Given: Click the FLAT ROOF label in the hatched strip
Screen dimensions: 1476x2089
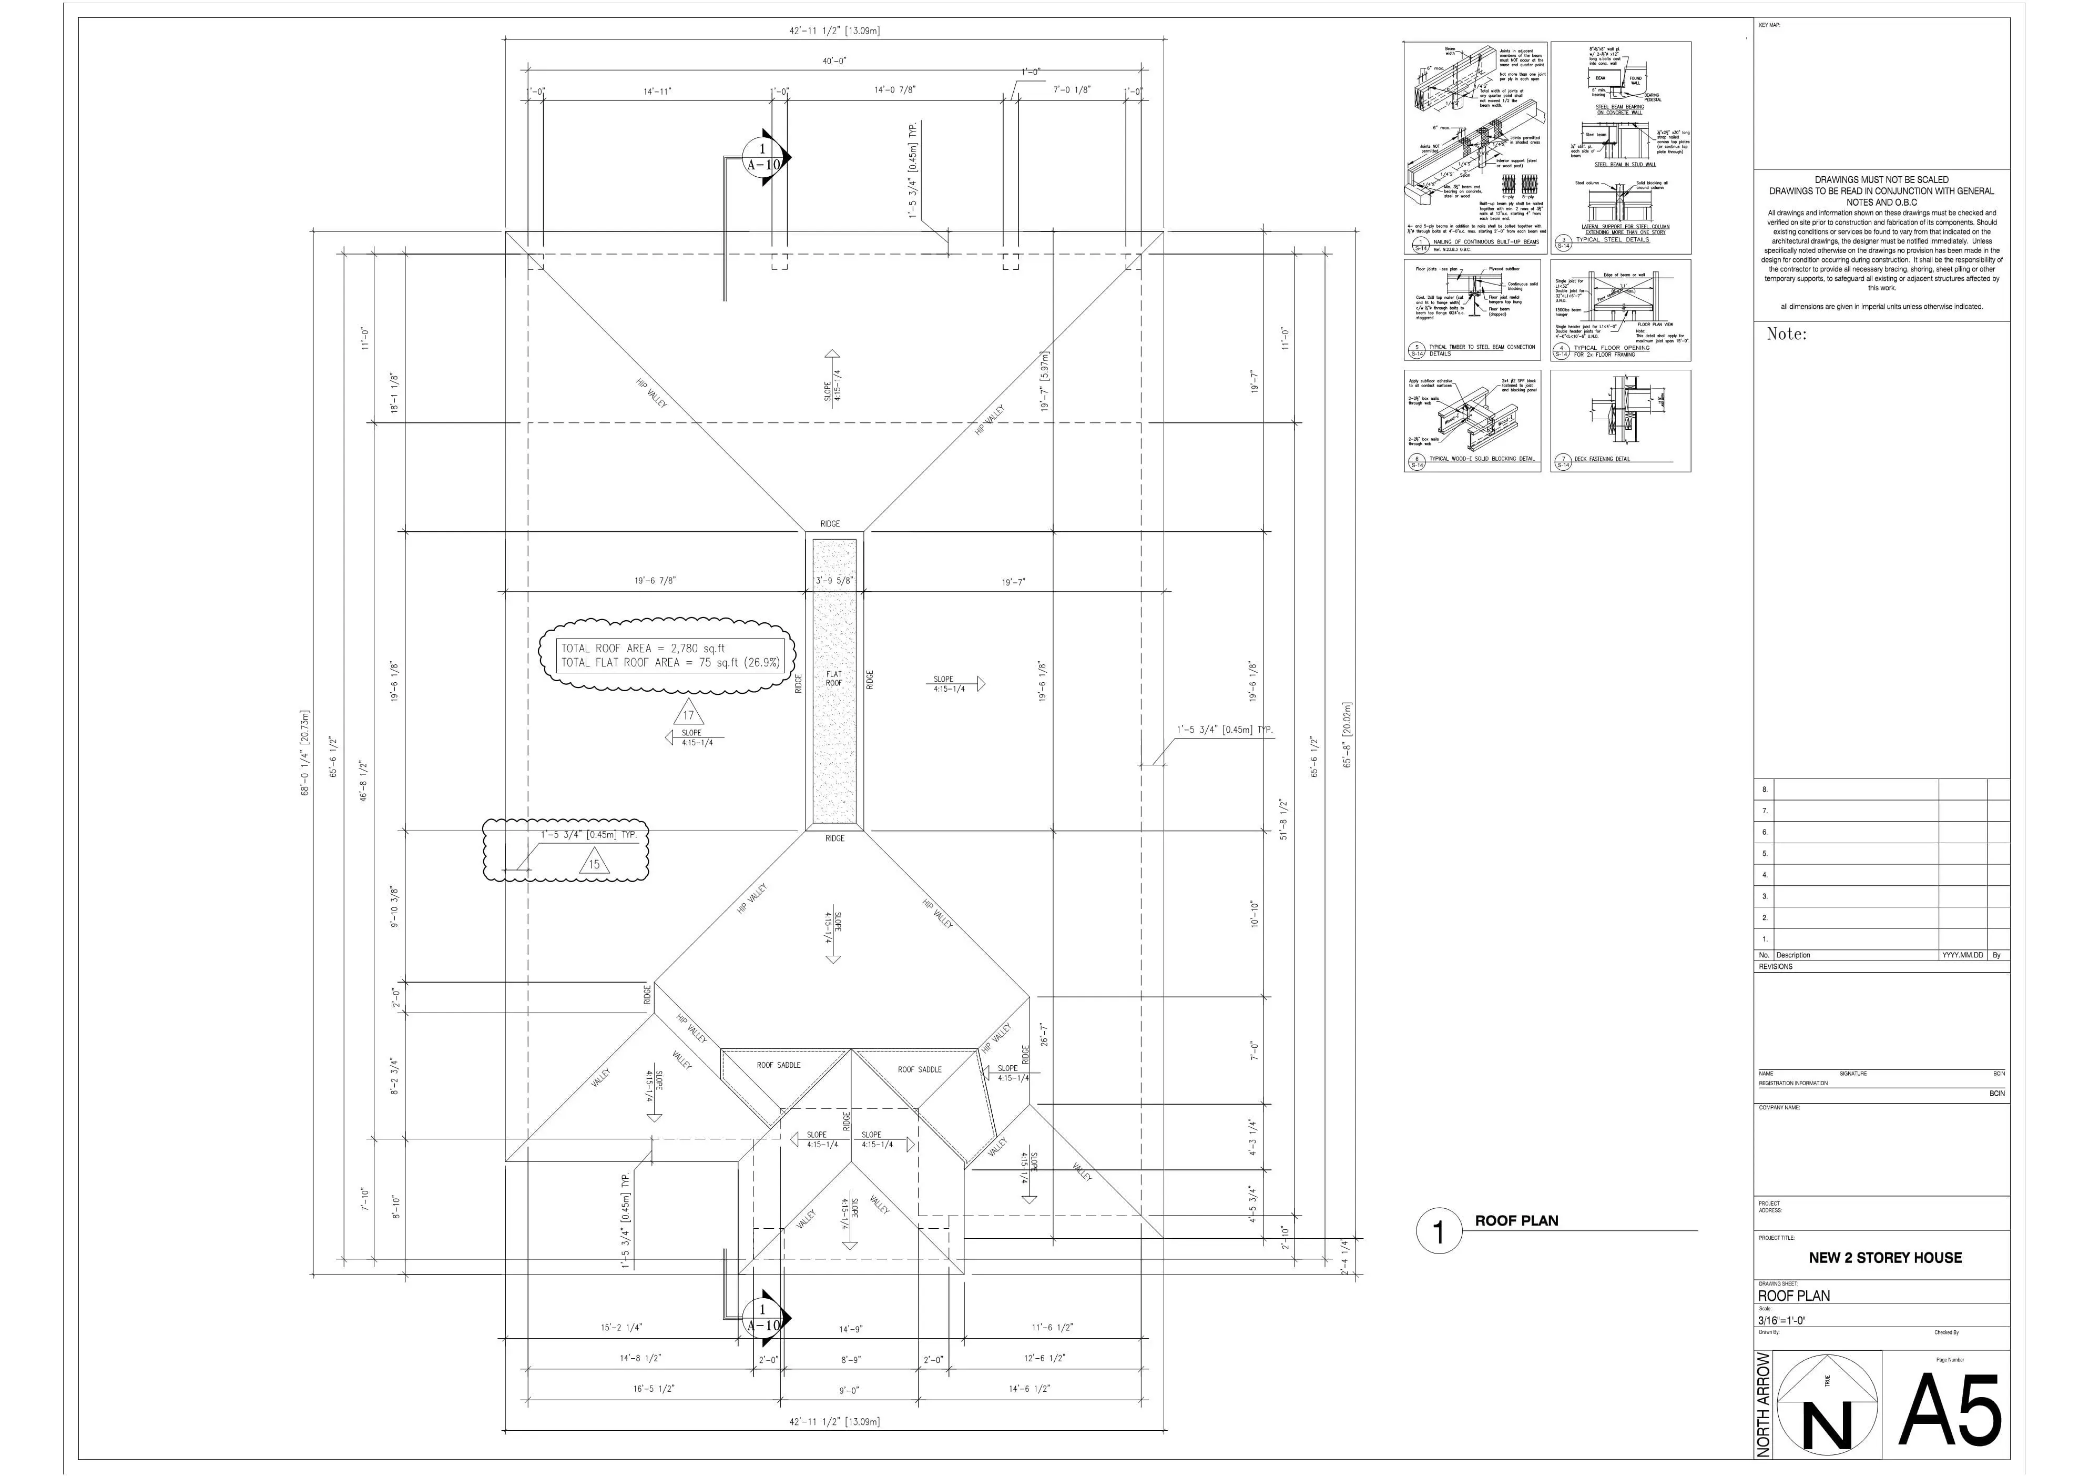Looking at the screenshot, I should [833, 678].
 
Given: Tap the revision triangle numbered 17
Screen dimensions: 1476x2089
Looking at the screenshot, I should [689, 714].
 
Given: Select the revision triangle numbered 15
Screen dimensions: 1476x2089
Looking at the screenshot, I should [594, 864].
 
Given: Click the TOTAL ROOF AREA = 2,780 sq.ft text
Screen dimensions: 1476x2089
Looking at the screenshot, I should [643, 648].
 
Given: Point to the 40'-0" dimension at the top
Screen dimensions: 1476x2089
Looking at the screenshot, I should [834, 61].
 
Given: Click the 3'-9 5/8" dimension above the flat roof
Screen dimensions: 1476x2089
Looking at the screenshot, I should [833, 581].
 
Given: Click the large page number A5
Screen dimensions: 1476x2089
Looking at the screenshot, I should [1950, 1410].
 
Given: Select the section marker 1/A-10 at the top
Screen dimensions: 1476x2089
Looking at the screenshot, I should [762, 157].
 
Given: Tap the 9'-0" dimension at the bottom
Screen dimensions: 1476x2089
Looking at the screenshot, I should [849, 1390].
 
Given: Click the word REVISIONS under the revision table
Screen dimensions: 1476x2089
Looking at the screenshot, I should [1776, 966].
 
